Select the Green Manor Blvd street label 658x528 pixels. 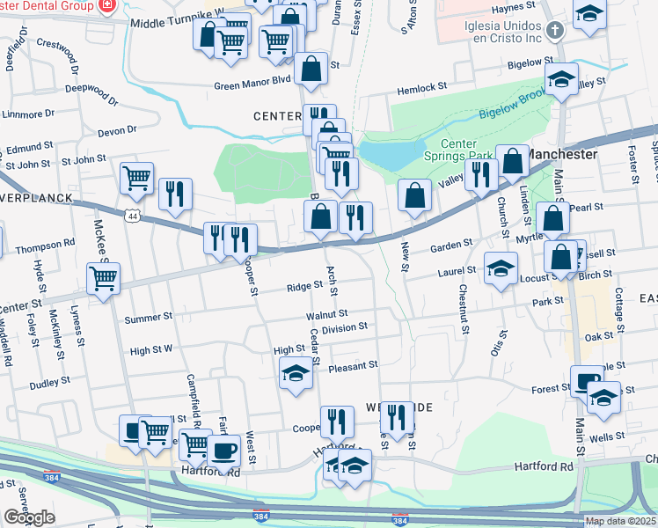[252, 86]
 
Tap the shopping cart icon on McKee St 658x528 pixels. [104, 279]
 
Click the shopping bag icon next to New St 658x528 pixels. [414, 195]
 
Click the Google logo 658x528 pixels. [29, 517]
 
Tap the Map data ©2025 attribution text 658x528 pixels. [620, 521]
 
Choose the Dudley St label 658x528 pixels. [49, 383]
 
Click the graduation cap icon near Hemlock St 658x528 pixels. [561, 79]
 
